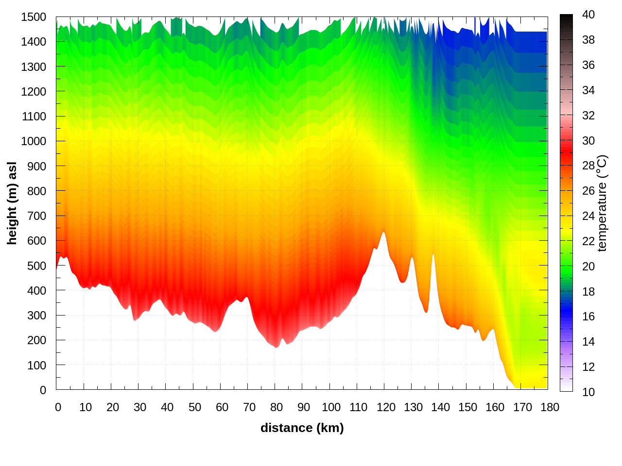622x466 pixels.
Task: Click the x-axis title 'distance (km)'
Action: click(302, 428)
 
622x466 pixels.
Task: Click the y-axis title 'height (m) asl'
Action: click(12, 203)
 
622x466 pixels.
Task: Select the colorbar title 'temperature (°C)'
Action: click(602, 203)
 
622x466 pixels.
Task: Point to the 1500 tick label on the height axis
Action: click(34, 17)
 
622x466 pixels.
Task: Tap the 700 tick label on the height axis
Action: click(37, 216)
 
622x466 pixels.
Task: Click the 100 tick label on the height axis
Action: click(37, 366)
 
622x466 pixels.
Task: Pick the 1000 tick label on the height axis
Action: click(34, 141)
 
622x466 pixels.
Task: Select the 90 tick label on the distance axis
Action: click(304, 407)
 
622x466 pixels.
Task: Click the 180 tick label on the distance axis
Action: click(550, 407)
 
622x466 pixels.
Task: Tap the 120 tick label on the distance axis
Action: click(386, 407)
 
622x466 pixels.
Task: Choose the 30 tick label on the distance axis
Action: click(140, 407)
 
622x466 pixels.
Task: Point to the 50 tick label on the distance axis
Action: click(195, 407)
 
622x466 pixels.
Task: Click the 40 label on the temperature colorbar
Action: click(588, 15)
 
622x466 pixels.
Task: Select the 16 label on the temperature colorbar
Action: click(588, 316)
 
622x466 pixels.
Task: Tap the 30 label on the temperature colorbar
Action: click(588, 141)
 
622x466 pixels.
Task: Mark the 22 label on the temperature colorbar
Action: click(588, 241)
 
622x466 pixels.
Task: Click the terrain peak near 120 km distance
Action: click(383, 233)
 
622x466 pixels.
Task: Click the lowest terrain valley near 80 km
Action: click(276, 347)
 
